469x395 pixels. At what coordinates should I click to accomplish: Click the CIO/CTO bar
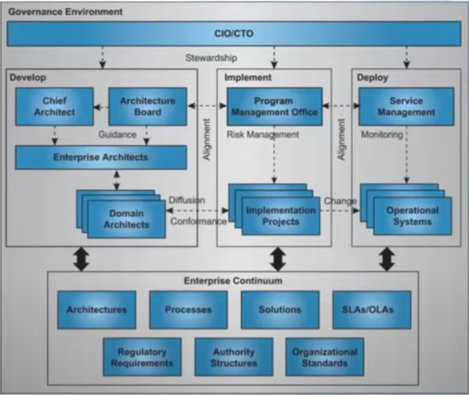[x=234, y=33]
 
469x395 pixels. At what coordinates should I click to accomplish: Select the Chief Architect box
[x=54, y=107]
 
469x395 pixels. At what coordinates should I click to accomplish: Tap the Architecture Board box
[x=148, y=107]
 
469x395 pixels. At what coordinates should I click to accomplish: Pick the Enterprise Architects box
[x=101, y=158]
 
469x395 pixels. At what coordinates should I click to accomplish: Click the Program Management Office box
[x=275, y=107]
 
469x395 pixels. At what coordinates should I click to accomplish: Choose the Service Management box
[x=406, y=107]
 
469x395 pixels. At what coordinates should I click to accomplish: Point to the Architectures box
[x=96, y=310]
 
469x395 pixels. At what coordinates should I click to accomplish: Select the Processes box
[x=188, y=310]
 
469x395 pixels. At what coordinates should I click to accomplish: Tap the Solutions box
[x=280, y=310]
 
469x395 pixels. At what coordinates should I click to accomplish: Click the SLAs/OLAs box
[x=372, y=310]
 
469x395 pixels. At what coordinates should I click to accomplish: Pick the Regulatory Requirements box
[x=142, y=357]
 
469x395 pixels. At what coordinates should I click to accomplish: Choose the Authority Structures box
[x=234, y=357]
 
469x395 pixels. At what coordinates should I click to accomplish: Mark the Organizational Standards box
[x=325, y=357]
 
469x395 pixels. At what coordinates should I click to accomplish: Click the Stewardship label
[x=211, y=57]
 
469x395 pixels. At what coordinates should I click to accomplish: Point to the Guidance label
[x=118, y=135]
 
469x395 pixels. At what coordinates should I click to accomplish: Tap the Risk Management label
[x=263, y=135]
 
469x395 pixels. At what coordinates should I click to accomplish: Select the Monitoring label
[x=382, y=135]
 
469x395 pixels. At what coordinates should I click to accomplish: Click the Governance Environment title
[x=66, y=11]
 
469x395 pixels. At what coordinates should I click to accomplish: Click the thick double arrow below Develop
[x=82, y=259]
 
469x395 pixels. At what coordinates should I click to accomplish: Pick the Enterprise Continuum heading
[x=233, y=281]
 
